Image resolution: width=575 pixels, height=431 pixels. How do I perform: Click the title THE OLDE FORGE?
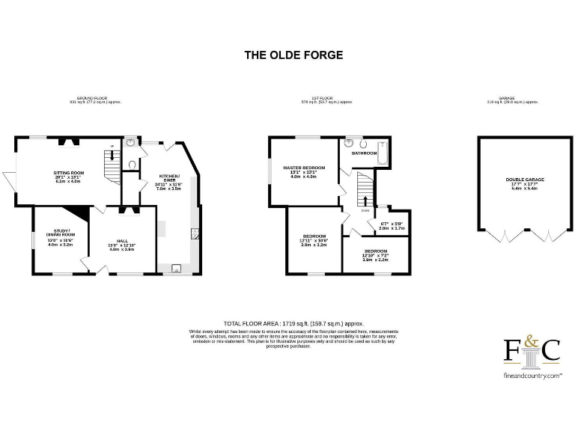tap(293, 55)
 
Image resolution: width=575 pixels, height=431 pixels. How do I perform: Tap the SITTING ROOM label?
tap(68, 173)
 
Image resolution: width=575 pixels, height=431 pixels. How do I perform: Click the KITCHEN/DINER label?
tap(169, 177)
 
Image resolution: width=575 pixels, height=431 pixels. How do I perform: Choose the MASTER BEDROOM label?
tap(303, 167)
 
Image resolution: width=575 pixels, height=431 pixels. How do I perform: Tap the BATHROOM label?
tap(365, 153)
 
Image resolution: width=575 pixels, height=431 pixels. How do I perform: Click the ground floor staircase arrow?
tap(112, 156)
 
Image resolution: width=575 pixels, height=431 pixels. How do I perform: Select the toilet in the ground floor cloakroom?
tap(132, 165)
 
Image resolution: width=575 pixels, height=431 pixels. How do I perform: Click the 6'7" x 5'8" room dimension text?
tap(392, 224)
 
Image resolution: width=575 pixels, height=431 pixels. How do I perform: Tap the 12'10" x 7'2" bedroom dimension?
tap(376, 257)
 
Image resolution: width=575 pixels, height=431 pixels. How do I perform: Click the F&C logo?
tap(532, 351)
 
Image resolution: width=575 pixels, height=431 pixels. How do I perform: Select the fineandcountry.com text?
tap(532, 376)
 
